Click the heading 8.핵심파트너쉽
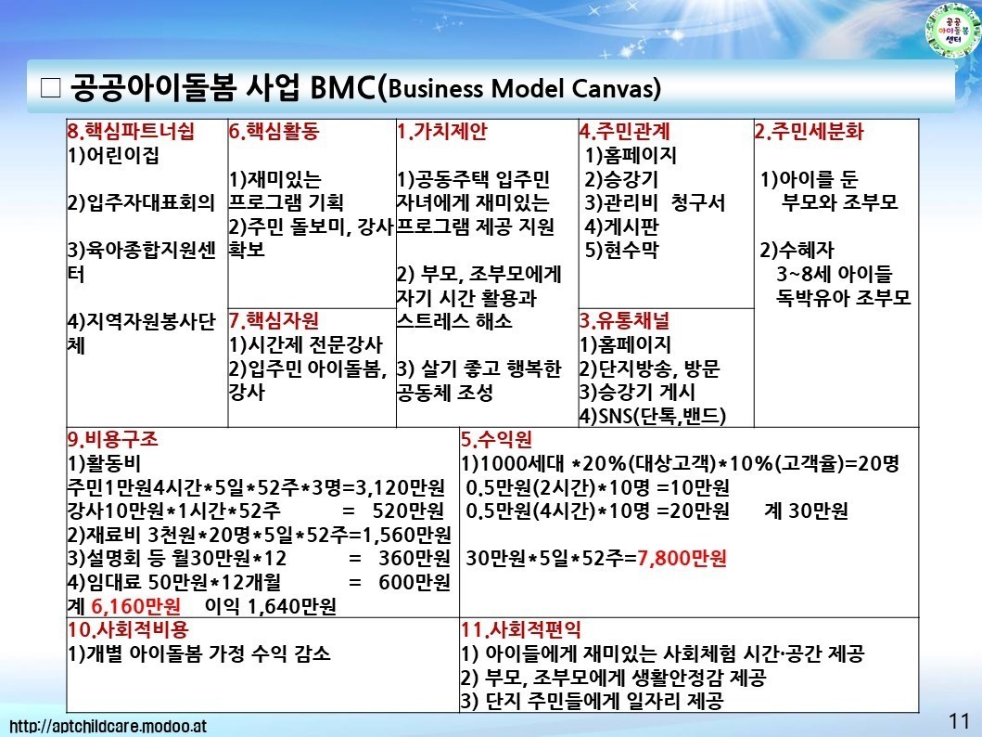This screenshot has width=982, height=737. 131,131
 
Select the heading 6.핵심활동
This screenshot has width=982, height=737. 274,131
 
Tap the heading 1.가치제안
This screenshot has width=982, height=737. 441,131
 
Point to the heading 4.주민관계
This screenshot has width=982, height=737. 624,131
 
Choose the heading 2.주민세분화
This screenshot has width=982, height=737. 810,131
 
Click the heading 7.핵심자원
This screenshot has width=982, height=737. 274,321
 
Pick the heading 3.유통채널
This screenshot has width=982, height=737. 624,321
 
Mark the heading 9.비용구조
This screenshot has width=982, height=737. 113,439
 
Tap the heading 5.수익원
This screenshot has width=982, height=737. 497,439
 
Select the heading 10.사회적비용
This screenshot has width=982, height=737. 128,629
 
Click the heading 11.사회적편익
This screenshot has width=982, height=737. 521,629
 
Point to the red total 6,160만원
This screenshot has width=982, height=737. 136,606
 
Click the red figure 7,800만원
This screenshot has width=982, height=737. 682,558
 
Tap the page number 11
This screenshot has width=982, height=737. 959,720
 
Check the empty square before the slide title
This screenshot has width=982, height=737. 50,88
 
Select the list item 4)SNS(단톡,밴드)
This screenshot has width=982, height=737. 653,416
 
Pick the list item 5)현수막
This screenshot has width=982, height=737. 622,250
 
